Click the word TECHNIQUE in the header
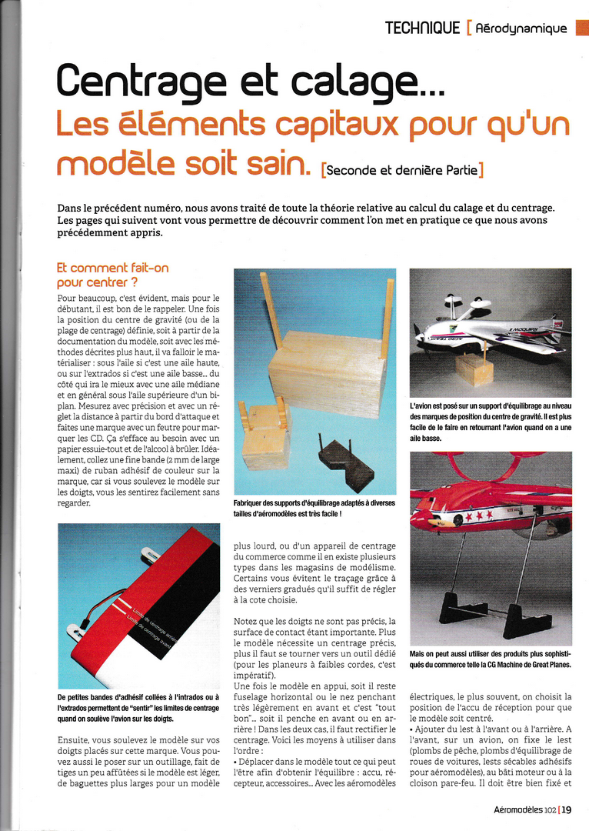[x=422, y=28]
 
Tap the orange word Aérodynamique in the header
[x=521, y=29]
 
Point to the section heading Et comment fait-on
[x=112, y=269]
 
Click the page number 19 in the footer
[x=567, y=809]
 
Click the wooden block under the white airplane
[x=474, y=370]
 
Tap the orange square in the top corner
[x=582, y=28]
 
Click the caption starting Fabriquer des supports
[x=314, y=507]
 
